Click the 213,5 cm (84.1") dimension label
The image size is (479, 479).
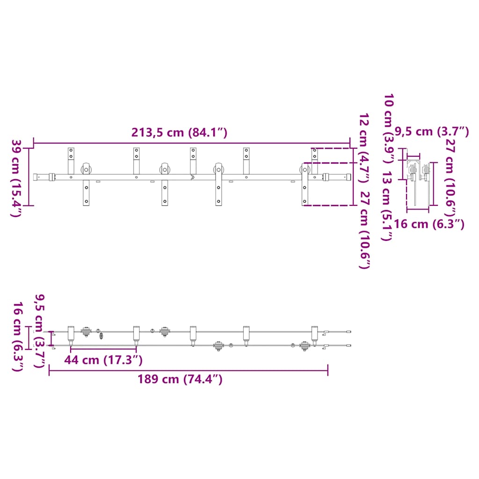pos(179,133)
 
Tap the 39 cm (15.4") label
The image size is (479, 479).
pos(16,178)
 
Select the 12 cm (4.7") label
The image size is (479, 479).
pos(364,148)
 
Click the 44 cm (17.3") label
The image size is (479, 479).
pos(103,360)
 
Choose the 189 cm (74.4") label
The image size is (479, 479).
pos(180,379)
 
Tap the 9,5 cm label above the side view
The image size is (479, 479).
pos(432,131)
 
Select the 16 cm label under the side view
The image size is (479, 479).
pos(429,224)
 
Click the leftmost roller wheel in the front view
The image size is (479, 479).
pos(86,169)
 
